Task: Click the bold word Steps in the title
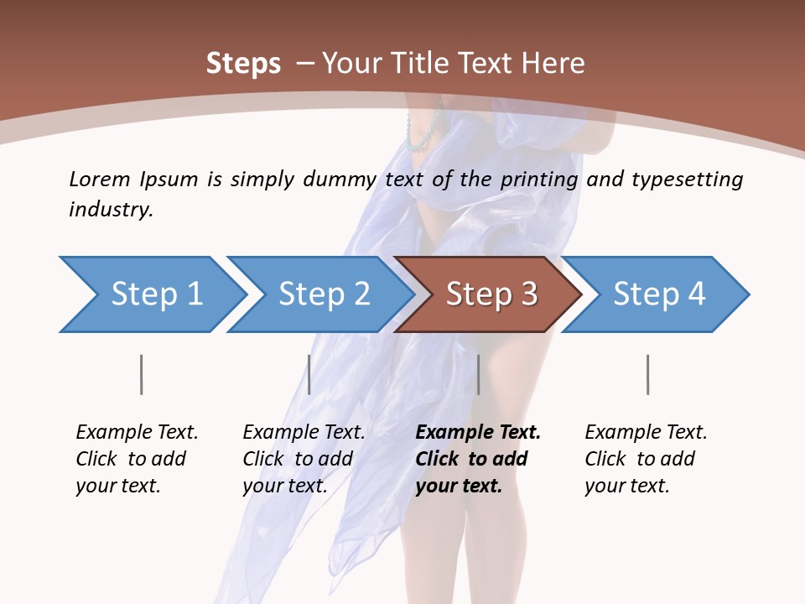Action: [243, 63]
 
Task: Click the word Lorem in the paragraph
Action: [99, 179]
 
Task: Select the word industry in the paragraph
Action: [110, 209]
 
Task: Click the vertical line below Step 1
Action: [141, 374]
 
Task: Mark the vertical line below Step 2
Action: [309, 374]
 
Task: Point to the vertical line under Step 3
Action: [478, 374]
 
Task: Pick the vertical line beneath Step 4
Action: [647, 374]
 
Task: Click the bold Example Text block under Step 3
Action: [476, 459]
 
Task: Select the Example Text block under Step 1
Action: [136, 459]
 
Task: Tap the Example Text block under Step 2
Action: [303, 459]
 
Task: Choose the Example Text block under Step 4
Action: [645, 459]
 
